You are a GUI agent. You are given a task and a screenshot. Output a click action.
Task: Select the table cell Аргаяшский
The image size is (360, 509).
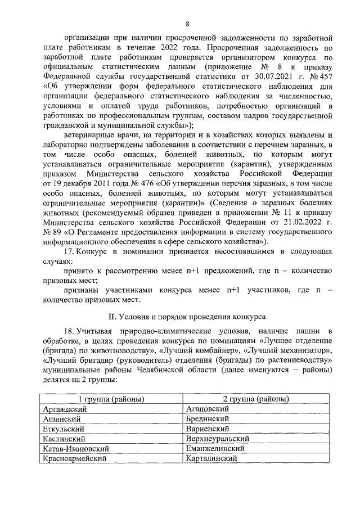pyautogui.click(x=63, y=409)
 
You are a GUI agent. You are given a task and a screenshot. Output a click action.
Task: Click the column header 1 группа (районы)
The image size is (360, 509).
pyautogui.click(x=111, y=399)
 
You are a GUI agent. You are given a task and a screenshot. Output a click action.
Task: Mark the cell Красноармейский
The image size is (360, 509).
pyautogui.click(x=75, y=459)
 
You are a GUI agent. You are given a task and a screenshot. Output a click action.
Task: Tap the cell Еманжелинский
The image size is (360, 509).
pyautogui.click(x=214, y=449)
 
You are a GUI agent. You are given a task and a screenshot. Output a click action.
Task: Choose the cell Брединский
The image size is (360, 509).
pyautogui.click(x=206, y=419)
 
